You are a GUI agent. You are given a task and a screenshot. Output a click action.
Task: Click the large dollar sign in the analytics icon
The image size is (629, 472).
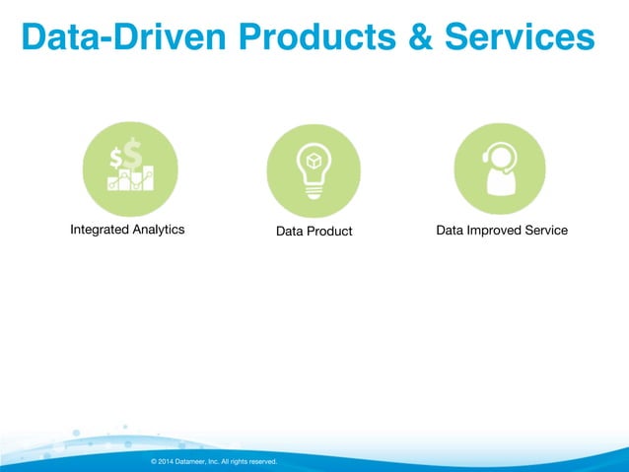point(131,156)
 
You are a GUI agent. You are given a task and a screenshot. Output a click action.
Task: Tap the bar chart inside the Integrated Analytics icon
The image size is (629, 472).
point(131,179)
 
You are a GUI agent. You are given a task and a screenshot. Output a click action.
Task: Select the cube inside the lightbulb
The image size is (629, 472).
point(314,160)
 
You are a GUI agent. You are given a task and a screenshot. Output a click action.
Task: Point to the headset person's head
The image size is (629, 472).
point(500,158)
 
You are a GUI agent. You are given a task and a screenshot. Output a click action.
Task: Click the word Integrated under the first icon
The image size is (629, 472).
point(101,230)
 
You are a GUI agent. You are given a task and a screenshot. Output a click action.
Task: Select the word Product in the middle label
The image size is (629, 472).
point(329,231)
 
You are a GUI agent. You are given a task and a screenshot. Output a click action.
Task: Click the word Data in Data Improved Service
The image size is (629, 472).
point(450,230)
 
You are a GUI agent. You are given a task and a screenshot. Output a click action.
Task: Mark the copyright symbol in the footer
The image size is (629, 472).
point(153,461)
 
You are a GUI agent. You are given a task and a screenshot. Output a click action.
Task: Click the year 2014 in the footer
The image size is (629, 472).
point(166,461)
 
